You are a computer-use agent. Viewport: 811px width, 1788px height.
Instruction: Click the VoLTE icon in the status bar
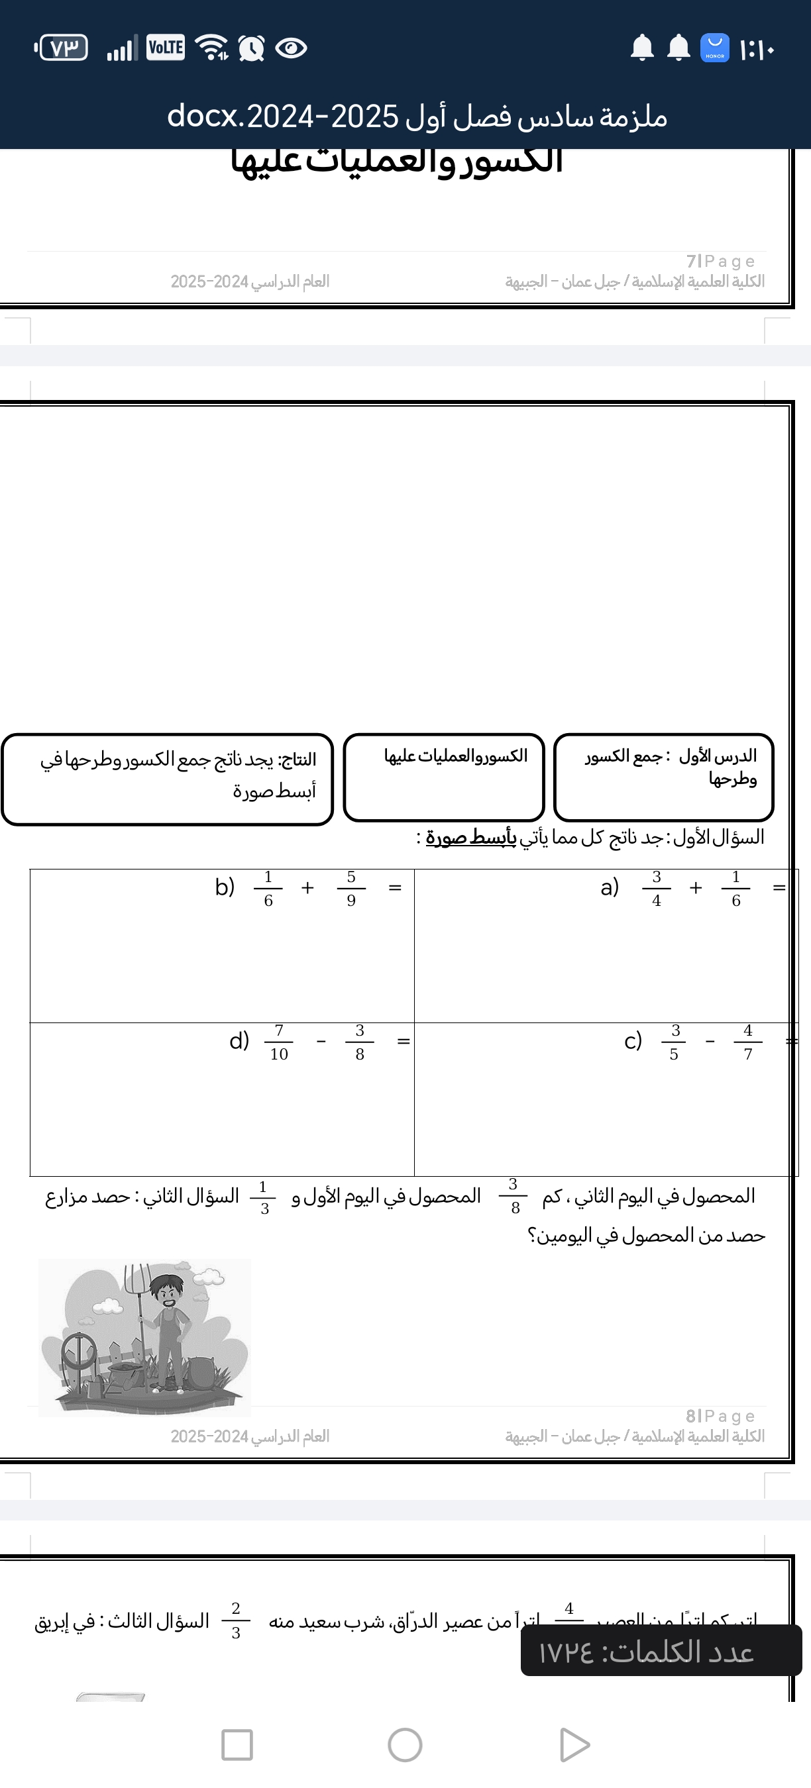[x=165, y=48]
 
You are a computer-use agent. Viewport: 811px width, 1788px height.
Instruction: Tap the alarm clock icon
[x=250, y=48]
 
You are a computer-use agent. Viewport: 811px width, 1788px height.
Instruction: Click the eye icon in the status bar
[x=291, y=48]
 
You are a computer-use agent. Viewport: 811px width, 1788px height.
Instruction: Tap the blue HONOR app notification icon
[x=714, y=48]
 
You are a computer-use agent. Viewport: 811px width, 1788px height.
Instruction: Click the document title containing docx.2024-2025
[x=417, y=117]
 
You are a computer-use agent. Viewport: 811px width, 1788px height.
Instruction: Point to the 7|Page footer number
[x=720, y=261]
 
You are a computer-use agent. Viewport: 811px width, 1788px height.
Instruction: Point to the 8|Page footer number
[x=720, y=1416]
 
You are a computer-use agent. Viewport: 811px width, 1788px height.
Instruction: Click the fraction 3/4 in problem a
[x=656, y=889]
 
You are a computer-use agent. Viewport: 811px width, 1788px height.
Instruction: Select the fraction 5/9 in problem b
[x=351, y=889]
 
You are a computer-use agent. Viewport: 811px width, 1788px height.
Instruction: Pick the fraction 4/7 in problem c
[x=748, y=1042]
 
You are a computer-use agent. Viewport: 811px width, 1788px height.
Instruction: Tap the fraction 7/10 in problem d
[x=278, y=1042]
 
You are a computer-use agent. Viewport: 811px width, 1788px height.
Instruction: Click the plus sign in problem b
[x=307, y=888]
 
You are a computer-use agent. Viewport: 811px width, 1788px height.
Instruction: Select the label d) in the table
[x=239, y=1040]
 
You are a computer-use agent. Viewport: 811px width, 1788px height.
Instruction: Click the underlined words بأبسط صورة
[x=471, y=837]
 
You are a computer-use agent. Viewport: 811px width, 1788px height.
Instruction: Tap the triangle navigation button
[x=574, y=1745]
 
